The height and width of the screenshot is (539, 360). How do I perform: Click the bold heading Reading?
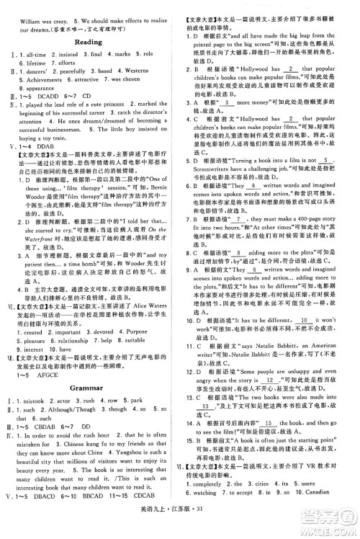point(89,43)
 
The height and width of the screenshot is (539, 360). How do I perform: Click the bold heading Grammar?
point(90,387)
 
